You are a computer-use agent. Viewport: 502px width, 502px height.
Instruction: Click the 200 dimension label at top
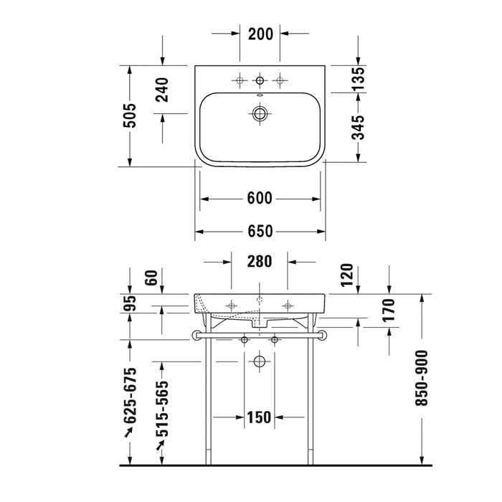(260, 34)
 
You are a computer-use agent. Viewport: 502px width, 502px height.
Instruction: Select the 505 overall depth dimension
(130, 115)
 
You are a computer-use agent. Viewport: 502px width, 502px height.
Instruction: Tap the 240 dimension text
(162, 90)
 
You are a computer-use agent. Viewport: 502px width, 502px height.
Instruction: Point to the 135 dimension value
(359, 78)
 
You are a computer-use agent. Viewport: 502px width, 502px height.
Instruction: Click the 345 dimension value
(359, 128)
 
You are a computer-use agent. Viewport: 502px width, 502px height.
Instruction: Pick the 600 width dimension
(260, 198)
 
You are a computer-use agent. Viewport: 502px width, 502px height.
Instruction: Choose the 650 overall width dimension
(260, 231)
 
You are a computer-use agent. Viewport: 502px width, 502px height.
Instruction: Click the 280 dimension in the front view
(260, 261)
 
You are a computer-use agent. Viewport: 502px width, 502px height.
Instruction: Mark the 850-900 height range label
(422, 379)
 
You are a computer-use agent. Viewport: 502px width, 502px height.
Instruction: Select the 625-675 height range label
(131, 396)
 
